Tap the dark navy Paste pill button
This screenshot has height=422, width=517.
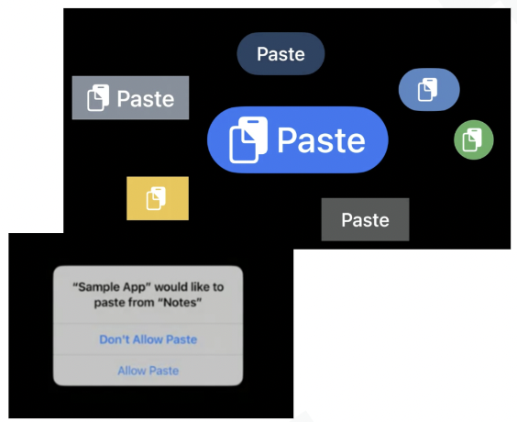pos(280,54)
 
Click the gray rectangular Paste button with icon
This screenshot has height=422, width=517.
pos(130,97)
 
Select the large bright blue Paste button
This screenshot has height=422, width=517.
pos(298,139)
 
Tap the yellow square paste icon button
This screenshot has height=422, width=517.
pos(158,198)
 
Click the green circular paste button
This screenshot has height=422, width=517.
pos(474,139)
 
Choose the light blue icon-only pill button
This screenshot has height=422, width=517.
pos(429,89)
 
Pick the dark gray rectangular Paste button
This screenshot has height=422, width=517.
pos(366,220)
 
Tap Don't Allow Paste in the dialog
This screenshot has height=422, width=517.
pos(148,339)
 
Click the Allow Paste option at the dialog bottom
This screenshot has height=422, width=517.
pos(148,371)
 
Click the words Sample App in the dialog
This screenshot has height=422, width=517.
pos(111,287)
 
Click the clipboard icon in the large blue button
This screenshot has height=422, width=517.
pos(248,139)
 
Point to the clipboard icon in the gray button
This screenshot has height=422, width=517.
pos(98,97)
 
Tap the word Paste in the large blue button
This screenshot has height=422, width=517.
pos(322,140)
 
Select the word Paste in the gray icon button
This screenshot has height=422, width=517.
pos(146,99)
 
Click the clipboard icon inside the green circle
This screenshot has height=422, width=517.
pos(472,140)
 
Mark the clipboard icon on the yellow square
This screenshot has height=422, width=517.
pos(156,198)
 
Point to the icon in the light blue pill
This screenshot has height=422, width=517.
pos(428,89)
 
